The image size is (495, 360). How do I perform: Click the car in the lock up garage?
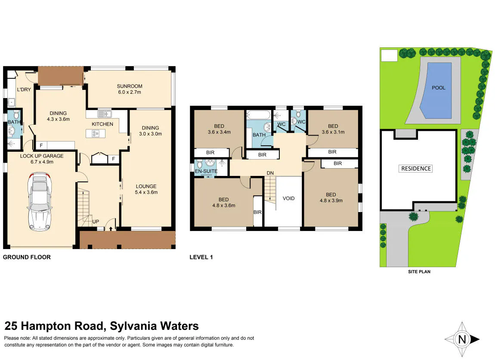click(x=40, y=201)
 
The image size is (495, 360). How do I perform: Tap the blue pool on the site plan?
click(x=439, y=90)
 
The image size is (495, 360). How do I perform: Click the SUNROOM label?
click(x=130, y=86)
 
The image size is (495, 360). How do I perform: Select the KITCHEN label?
click(x=102, y=124)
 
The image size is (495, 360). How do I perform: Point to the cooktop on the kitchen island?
click(x=95, y=134)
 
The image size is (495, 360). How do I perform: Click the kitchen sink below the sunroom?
click(x=104, y=114)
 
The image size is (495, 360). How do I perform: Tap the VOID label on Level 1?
click(x=288, y=198)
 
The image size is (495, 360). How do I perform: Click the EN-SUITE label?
click(x=206, y=171)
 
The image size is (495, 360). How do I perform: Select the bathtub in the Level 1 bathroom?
click(x=259, y=114)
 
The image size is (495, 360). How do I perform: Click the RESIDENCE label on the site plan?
click(x=416, y=169)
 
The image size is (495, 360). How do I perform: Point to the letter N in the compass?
click(x=462, y=339)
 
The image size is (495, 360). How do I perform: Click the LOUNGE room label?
click(x=146, y=187)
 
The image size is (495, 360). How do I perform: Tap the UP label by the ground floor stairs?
click(x=96, y=222)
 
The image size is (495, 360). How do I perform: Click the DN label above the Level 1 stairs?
click(x=270, y=173)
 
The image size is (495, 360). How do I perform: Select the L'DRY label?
click(x=24, y=89)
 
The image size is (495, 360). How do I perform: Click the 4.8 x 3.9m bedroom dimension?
click(x=331, y=200)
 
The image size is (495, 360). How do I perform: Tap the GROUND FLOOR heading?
click(x=27, y=257)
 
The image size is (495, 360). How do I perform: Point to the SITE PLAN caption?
click(x=419, y=272)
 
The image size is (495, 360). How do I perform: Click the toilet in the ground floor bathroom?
click(x=16, y=114)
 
